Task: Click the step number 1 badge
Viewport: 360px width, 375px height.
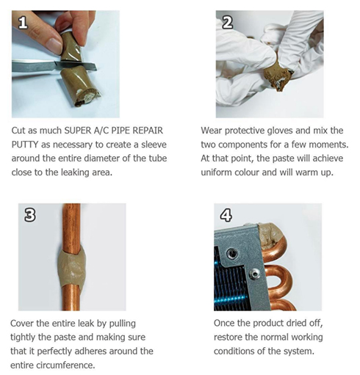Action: pyautogui.click(x=23, y=23)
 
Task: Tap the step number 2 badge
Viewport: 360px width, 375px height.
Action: pyautogui.click(x=228, y=23)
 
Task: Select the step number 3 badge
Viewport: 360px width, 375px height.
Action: pyautogui.click(x=30, y=215)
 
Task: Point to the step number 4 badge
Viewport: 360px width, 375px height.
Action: pyautogui.click(x=226, y=215)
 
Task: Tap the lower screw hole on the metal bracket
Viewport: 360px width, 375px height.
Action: pyautogui.click(x=255, y=273)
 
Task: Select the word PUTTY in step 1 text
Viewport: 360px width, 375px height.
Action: pyautogui.click(x=24, y=145)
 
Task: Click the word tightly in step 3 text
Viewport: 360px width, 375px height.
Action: pyautogui.click(x=23, y=338)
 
